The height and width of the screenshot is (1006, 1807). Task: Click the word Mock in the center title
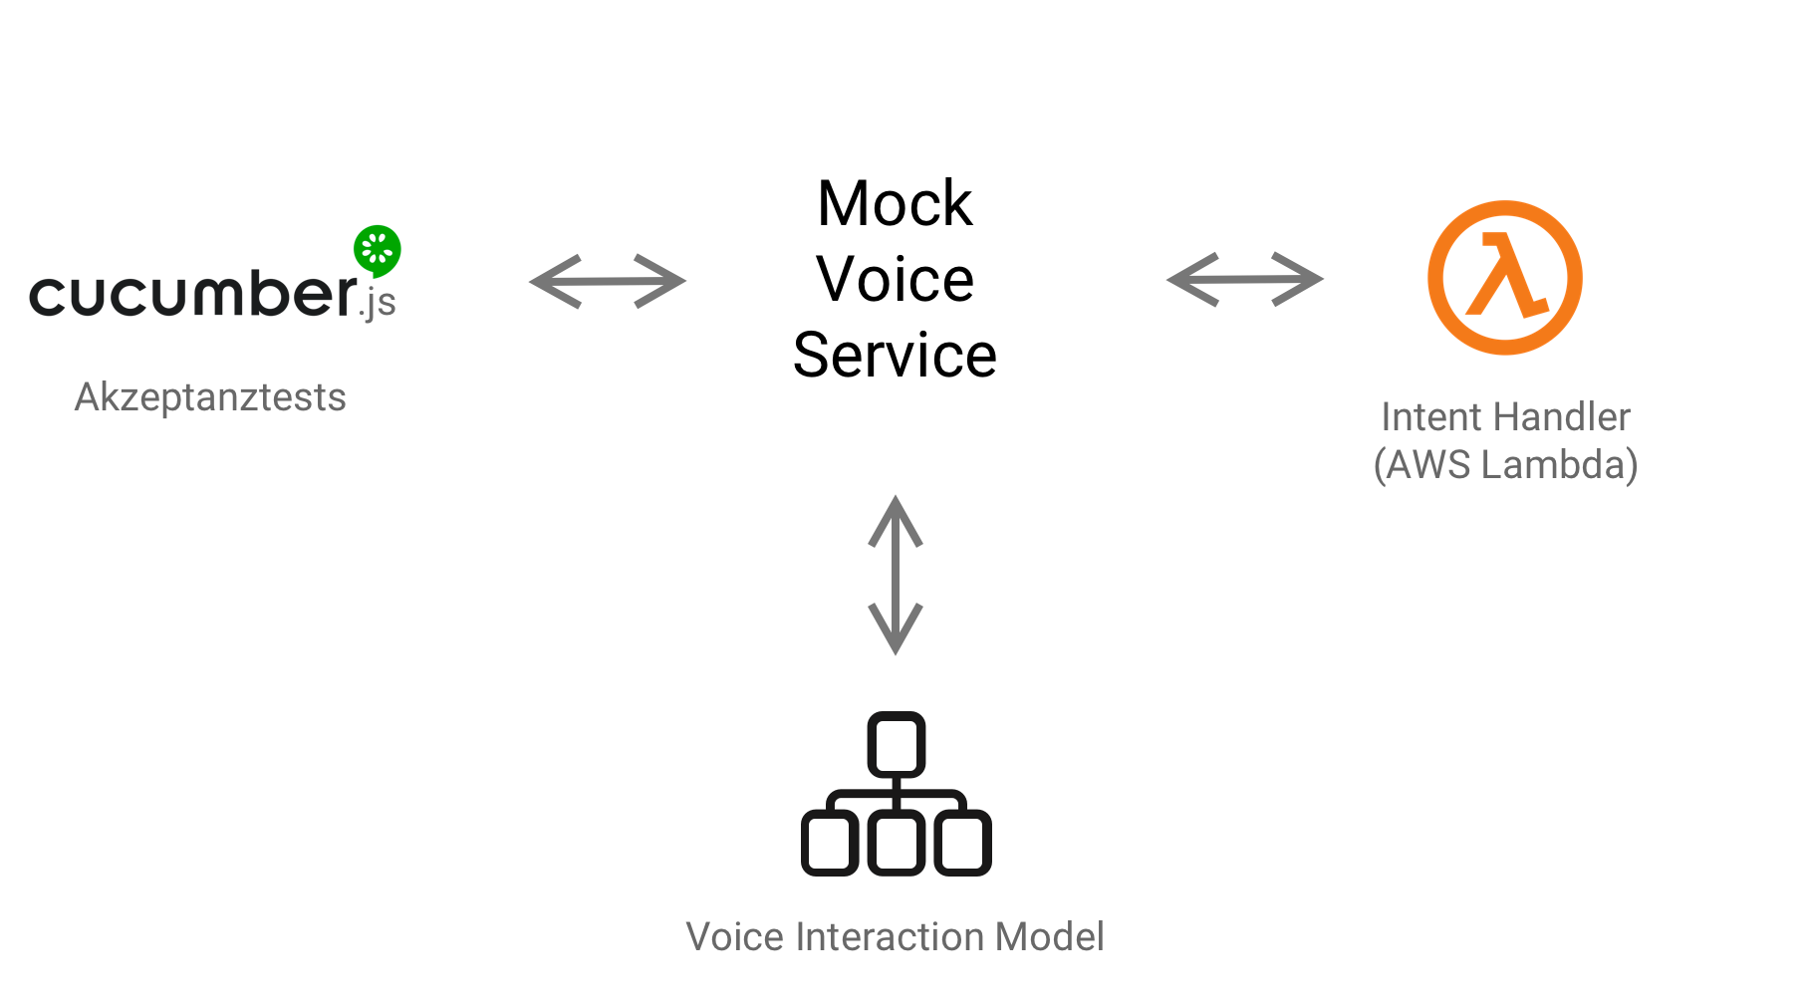pyautogui.click(x=895, y=204)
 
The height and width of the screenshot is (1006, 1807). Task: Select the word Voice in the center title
pyautogui.click(x=895, y=279)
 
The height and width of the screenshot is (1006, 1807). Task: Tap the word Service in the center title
pyautogui.click(x=895, y=355)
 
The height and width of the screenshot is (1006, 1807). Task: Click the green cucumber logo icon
pyautogui.click(x=378, y=250)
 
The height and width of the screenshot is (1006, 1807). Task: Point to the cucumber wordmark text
pyautogui.click(x=192, y=294)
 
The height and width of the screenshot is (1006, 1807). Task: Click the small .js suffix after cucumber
pyautogui.click(x=379, y=302)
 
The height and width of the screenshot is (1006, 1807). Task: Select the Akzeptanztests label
pyautogui.click(x=210, y=397)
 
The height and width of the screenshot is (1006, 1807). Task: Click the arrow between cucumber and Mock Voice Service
pyautogui.click(x=608, y=281)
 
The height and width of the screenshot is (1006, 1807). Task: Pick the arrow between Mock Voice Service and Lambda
pyautogui.click(x=1244, y=279)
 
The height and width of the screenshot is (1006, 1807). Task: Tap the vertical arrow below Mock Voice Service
pyautogui.click(x=896, y=575)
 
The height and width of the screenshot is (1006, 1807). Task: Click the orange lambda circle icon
pyautogui.click(x=1505, y=278)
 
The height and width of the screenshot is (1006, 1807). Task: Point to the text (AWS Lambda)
pyautogui.click(x=1505, y=465)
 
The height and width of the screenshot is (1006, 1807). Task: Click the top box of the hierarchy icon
pyautogui.click(x=897, y=744)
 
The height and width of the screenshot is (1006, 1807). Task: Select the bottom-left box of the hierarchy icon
pyautogui.click(x=830, y=843)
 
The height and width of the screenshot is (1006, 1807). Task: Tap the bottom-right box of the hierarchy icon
pyautogui.click(x=962, y=843)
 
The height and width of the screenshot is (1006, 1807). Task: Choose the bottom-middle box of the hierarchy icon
pyautogui.click(x=897, y=843)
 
